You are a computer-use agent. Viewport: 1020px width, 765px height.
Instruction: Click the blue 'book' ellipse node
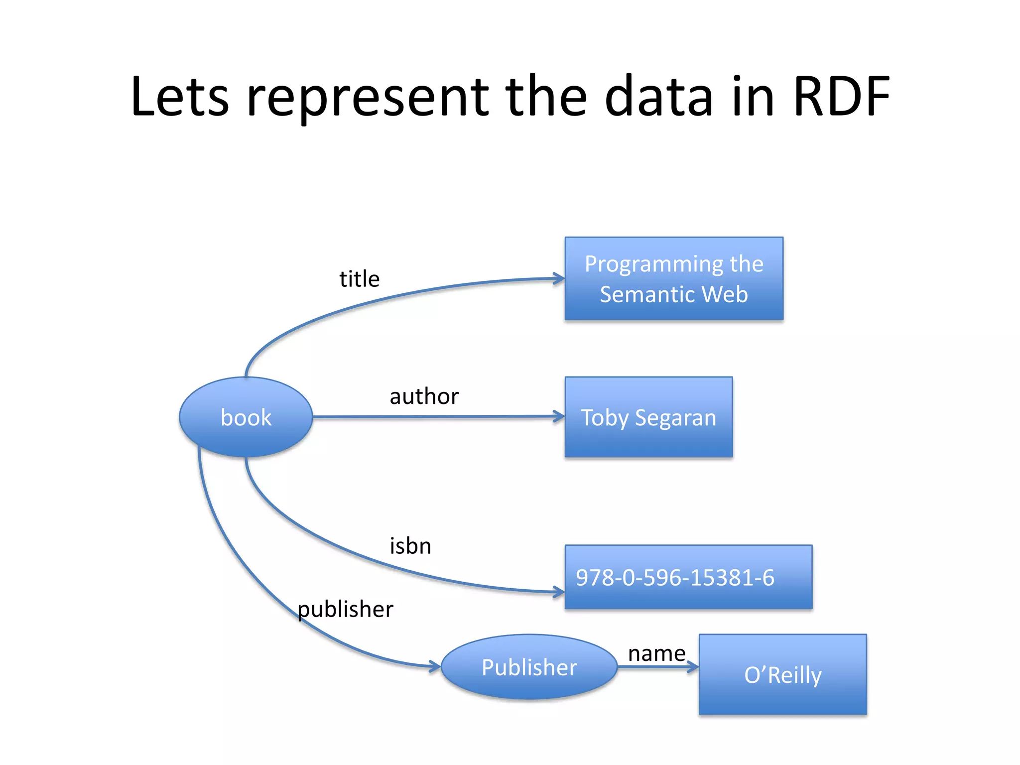[x=246, y=417]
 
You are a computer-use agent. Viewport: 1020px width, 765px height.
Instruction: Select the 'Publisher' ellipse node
[x=529, y=667]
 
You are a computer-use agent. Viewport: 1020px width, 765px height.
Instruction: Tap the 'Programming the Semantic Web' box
[x=673, y=278]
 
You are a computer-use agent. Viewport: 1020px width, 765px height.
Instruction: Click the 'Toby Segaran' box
[x=648, y=417]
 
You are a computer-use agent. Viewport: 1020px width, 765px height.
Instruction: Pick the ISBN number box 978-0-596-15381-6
[x=688, y=577]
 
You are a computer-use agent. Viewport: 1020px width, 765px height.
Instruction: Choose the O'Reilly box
[x=782, y=674]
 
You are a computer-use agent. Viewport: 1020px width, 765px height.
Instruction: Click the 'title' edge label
[x=359, y=279]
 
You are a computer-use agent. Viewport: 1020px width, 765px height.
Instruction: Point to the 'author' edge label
[x=424, y=396]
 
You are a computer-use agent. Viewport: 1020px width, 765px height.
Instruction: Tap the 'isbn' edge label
[x=410, y=546]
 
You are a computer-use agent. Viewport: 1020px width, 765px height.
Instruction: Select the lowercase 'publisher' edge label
[x=345, y=609]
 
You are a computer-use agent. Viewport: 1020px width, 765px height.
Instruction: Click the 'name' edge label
[x=656, y=653]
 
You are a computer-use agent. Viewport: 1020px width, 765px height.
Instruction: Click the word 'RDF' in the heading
[x=841, y=97]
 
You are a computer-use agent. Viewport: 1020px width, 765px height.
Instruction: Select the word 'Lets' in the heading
[x=180, y=97]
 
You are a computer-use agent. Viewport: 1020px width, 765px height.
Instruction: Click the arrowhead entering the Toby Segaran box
[x=560, y=416]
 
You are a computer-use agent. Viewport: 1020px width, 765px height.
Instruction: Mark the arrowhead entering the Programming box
[x=560, y=279]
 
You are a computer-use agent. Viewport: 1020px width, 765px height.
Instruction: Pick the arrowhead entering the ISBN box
[x=560, y=592]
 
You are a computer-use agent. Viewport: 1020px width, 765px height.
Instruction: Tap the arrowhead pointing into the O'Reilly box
[x=694, y=667]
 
